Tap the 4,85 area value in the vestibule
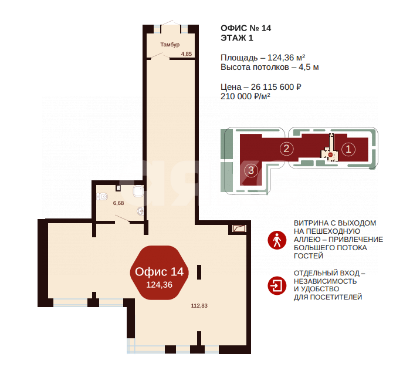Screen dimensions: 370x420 pyautogui.click(x=187, y=54)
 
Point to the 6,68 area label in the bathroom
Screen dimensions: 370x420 pyautogui.click(x=118, y=203)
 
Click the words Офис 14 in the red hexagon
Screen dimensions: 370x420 pyautogui.click(x=160, y=271)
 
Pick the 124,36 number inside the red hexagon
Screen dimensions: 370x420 pyautogui.click(x=160, y=285)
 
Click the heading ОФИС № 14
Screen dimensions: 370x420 pyautogui.click(x=246, y=28)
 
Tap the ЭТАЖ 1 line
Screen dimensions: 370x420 pyautogui.click(x=238, y=38)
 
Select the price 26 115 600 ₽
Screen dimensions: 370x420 pyautogui.click(x=276, y=87)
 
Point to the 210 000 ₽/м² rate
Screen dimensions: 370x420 pyautogui.click(x=245, y=97)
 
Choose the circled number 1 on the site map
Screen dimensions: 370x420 pyautogui.click(x=348, y=149)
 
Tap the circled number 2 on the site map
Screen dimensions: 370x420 pyautogui.click(x=286, y=148)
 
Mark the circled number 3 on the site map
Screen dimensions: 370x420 pyautogui.click(x=251, y=171)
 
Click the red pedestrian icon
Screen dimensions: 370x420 pyautogui.click(x=276, y=240)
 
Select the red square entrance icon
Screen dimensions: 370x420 pyautogui.click(x=276, y=285)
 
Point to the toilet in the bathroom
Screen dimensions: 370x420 pyautogui.click(x=103, y=196)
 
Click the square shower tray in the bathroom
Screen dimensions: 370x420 pyautogui.click(x=138, y=191)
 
